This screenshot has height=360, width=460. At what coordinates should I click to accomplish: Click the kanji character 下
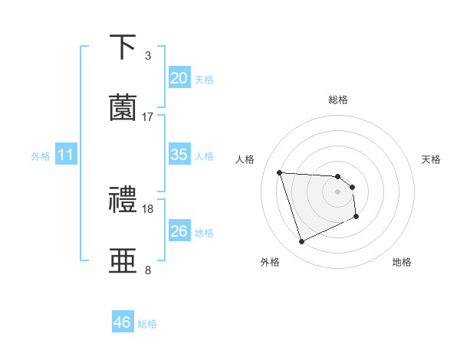(x=124, y=47)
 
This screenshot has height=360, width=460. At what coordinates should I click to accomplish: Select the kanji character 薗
(x=124, y=107)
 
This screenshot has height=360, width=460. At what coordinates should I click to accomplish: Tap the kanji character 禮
(x=124, y=201)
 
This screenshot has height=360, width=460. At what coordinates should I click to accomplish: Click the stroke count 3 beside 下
(x=148, y=56)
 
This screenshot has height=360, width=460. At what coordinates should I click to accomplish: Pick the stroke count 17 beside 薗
(x=148, y=116)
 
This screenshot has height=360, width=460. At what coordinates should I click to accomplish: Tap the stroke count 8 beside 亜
(x=148, y=270)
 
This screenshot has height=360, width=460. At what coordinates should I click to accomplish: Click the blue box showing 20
(x=179, y=78)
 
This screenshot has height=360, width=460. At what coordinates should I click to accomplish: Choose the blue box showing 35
(x=179, y=155)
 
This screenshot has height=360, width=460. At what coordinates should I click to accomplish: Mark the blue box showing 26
(x=179, y=231)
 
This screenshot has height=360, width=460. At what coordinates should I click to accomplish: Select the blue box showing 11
(x=65, y=155)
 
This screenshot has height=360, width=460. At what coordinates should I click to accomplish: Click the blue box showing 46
(x=122, y=322)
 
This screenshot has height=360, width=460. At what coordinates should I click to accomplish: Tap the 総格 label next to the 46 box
(x=147, y=324)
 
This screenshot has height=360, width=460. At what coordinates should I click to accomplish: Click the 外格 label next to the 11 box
(x=41, y=156)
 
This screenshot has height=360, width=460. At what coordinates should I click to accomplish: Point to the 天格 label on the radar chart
(x=432, y=159)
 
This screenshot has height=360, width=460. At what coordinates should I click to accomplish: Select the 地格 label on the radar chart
(x=402, y=262)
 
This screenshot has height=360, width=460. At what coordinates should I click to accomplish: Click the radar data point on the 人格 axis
(x=280, y=172)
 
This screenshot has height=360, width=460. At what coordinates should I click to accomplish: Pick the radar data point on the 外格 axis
(x=301, y=242)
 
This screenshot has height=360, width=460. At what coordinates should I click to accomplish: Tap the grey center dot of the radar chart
(x=337, y=191)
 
